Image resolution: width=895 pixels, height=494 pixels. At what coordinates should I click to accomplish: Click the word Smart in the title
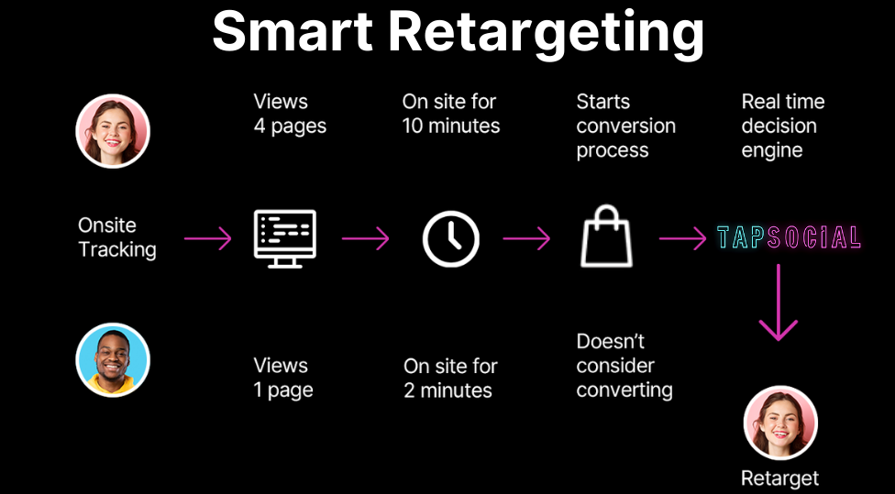tap(293, 31)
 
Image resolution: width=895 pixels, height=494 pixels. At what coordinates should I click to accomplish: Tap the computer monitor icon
tap(285, 238)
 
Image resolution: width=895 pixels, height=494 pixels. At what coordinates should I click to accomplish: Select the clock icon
tap(451, 239)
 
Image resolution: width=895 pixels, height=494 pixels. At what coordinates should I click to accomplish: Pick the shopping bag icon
tap(606, 236)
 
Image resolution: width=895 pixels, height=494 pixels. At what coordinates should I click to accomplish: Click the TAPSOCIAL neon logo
tap(789, 237)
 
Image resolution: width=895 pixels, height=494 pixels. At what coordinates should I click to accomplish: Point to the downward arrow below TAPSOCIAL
tap(778, 302)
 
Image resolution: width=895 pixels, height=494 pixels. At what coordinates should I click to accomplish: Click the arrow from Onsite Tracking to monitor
tap(208, 238)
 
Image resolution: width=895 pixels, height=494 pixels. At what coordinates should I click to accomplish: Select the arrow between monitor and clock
tap(365, 238)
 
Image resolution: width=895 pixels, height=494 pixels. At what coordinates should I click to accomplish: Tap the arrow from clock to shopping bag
tap(526, 238)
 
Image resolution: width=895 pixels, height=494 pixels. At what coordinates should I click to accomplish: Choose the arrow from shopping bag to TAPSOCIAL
tap(682, 238)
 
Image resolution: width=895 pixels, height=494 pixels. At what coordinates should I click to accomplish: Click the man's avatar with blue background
tap(113, 360)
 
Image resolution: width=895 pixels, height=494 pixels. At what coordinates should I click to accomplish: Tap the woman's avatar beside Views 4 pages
tap(113, 131)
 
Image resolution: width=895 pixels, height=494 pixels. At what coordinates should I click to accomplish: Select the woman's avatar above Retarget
tap(780, 423)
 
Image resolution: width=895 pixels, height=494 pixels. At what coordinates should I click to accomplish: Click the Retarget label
tap(779, 478)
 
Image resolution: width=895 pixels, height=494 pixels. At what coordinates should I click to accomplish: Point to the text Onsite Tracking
tap(117, 237)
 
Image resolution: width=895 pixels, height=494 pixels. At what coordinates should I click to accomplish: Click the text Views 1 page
tap(283, 378)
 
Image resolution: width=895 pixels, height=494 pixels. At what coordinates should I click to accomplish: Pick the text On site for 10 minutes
tap(451, 114)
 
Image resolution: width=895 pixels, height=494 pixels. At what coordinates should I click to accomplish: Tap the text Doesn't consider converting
tap(624, 366)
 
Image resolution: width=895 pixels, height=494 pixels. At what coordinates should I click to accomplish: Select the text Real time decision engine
tap(782, 126)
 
